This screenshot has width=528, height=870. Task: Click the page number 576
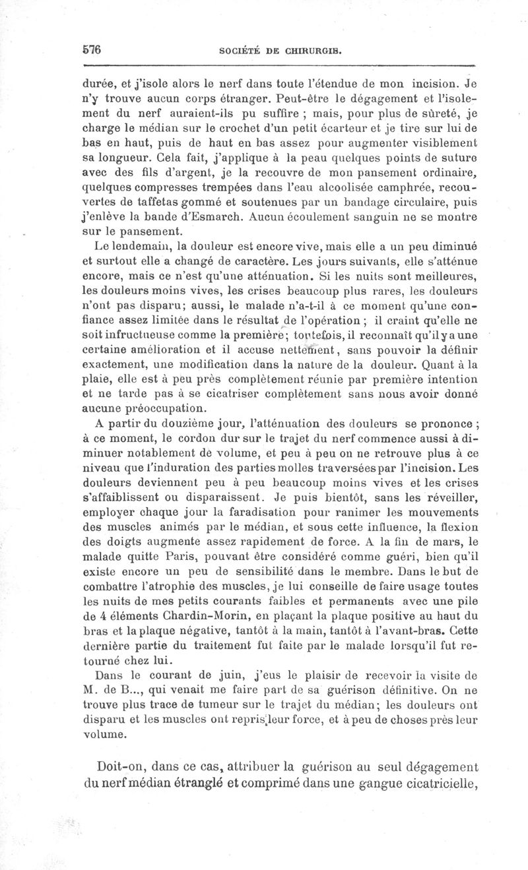[x=90, y=49]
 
